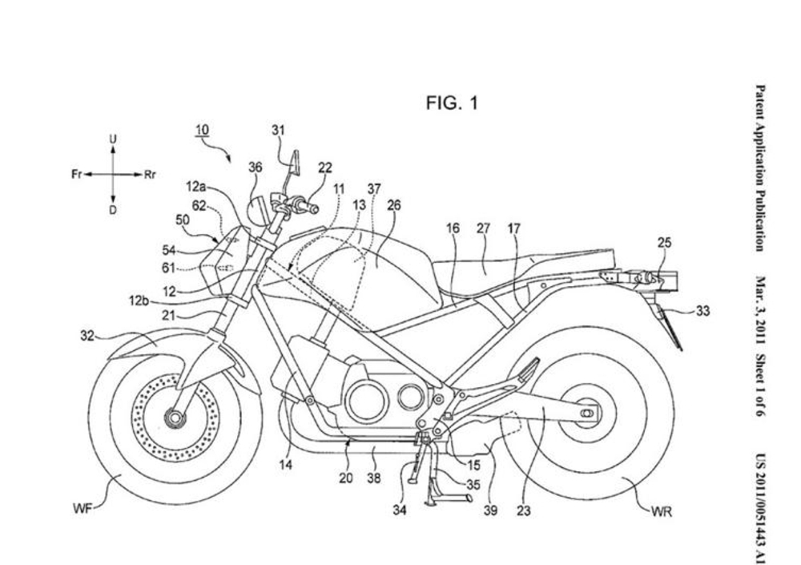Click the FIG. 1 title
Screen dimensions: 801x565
point(452,103)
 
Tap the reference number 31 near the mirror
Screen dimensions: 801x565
point(278,131)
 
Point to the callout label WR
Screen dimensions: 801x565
point(661,511)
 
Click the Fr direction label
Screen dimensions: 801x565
point(77,175)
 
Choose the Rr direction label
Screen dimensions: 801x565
point(150,175)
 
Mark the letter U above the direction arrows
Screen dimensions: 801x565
point(113,139)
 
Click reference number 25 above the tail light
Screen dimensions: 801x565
point(664,242)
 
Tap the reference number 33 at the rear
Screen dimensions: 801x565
point(703,310)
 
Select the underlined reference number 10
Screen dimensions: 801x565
point(203,130)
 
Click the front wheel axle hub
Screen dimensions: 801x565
point(175,418)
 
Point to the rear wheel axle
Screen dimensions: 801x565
point(589,412)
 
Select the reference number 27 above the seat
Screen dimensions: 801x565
point(483,228)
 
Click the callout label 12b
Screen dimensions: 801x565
point(139,301)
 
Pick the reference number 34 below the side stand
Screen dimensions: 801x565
point(400,510)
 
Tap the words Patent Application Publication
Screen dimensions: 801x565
point(761,168)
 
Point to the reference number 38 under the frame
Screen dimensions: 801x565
point(374,478)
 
